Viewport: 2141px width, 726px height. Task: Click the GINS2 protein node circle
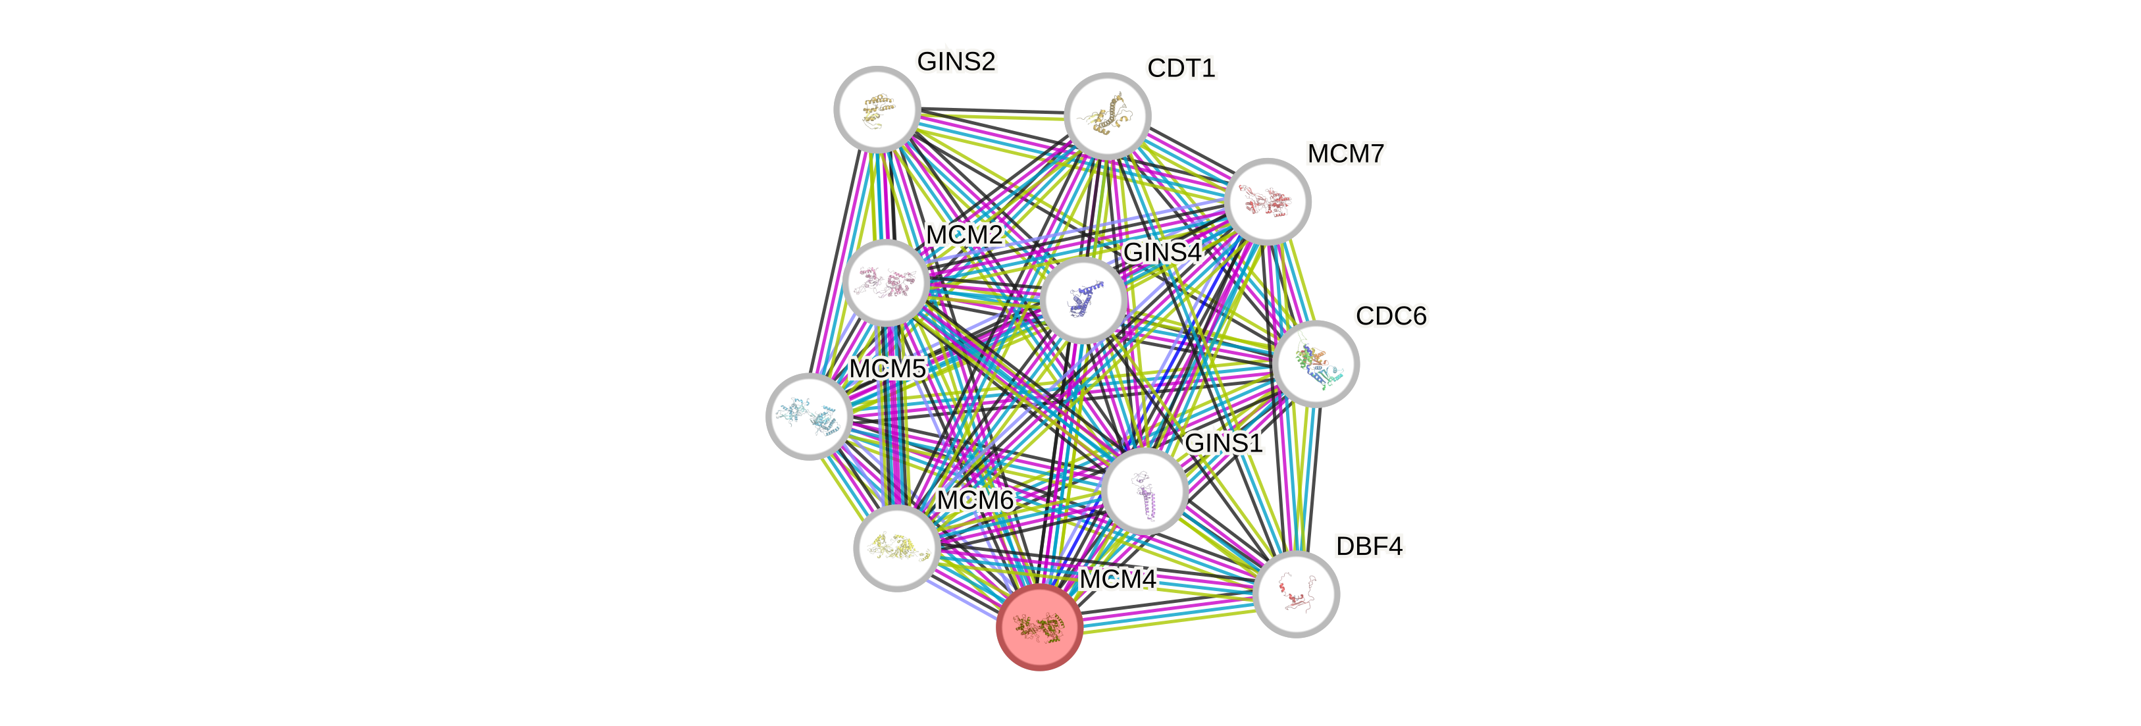[x=877, y=109]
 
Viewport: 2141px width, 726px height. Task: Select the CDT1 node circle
[x=1107, y=116]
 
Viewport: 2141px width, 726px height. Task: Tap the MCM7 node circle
[x=1268, y=201]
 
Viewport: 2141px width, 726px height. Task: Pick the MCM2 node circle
[x=886, y=282]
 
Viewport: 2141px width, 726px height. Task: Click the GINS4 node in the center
[x=1083, y=299]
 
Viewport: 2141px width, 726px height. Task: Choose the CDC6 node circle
[x=1315, y=363]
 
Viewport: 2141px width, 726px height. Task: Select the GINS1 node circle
[x=1145, y=490]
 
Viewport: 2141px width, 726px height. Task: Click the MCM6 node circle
[x=897, y=547]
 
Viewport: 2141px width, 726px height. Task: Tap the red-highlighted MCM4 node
[x=1039, y=626]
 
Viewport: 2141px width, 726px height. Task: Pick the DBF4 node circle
[x=1296, y=594]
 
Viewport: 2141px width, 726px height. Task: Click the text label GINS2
[x=956, y=61]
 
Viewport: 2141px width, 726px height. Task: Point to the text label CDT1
[x=1181, y=68]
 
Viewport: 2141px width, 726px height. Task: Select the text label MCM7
[x=1345, y=154]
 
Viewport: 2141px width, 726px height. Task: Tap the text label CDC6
[x=1391, y=316]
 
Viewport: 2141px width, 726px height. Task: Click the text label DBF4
[x=1369, y=546]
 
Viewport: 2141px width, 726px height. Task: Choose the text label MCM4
[x=1117, y=579]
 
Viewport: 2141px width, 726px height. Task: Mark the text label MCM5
[x=887, y=369]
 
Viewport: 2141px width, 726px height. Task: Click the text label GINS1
[x=1224, y=443]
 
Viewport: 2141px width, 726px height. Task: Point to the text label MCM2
[x=964, y=236]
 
